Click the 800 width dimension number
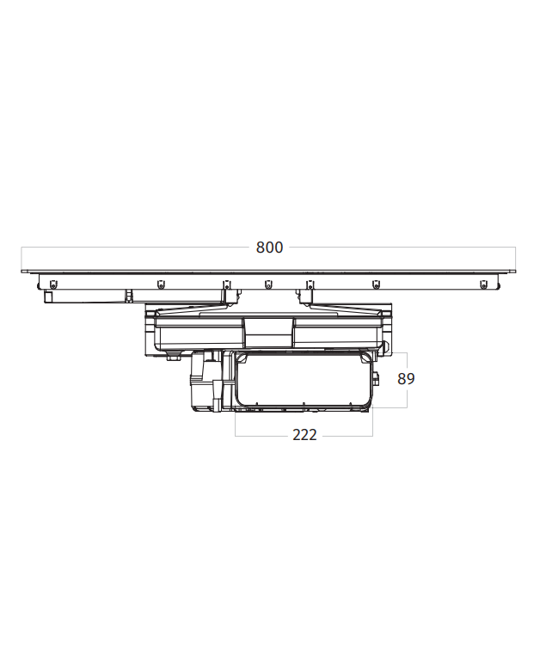(x=269, y=248)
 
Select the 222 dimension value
(x=304, y=435)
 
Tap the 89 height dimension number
(x=406, y=378)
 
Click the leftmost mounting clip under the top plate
(x=52, y=284)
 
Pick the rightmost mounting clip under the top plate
(x=483, y=284)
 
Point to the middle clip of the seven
(x=268, y=284)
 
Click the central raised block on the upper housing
(x=268, y=333)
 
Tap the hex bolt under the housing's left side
(x=173, y=357)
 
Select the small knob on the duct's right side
(x=376, y=377)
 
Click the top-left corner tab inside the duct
(x=243, y=358)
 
